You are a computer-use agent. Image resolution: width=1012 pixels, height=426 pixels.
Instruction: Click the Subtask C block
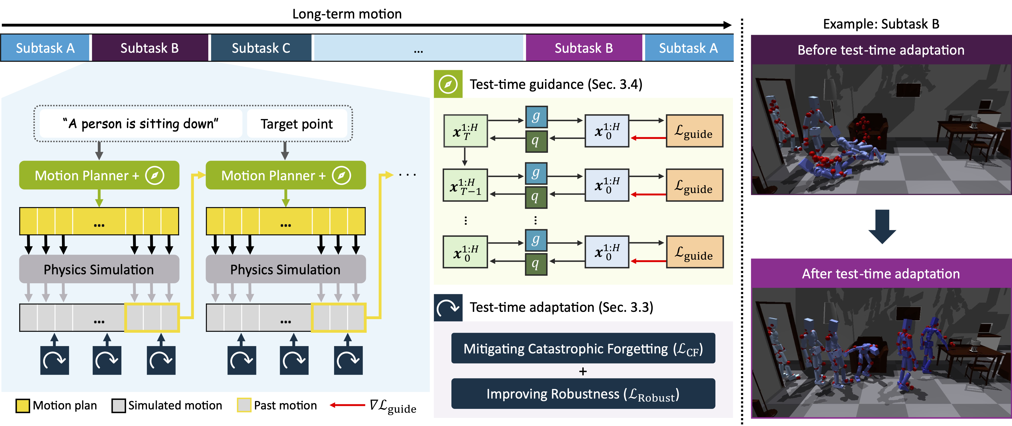pyautogui.click(x=261, y=48)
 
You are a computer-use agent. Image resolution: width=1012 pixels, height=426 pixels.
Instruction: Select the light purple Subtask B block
pyautogui.click(x=584, y=48)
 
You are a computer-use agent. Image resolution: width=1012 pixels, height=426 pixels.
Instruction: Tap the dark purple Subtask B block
pyautogui.click(x=150, y=48)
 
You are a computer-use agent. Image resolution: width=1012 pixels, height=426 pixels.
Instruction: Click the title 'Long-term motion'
pyautogui.click(x=347, y=14)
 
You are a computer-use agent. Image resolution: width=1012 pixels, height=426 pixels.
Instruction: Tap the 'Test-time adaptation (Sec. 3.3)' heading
pyautogui.click(x=561, y=307)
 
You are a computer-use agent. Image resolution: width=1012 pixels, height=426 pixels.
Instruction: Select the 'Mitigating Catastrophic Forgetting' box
pyautogui.click(x=583, y=349)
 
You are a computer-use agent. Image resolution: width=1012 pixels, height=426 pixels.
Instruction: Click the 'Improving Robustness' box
pyautogui.click(x=583, y=394)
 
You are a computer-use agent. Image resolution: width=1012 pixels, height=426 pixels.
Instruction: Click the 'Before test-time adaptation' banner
pyautogui.click(x=881, y=50)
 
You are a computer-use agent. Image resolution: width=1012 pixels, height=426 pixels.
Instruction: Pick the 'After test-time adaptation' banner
pyautogui.click(x=881, y=274)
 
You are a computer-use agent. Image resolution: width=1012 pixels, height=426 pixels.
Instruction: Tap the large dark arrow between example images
pyautogui.click(x=882, y=226)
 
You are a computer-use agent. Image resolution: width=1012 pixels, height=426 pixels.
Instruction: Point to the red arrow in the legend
pyautogui.click(x=347, y=405)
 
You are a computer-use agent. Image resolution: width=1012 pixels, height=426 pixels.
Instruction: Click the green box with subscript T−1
pyautogui.click(x=465, y=185)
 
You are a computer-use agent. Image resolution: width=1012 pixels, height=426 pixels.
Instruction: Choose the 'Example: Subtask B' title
pyautogui.click(x=881, y=24)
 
